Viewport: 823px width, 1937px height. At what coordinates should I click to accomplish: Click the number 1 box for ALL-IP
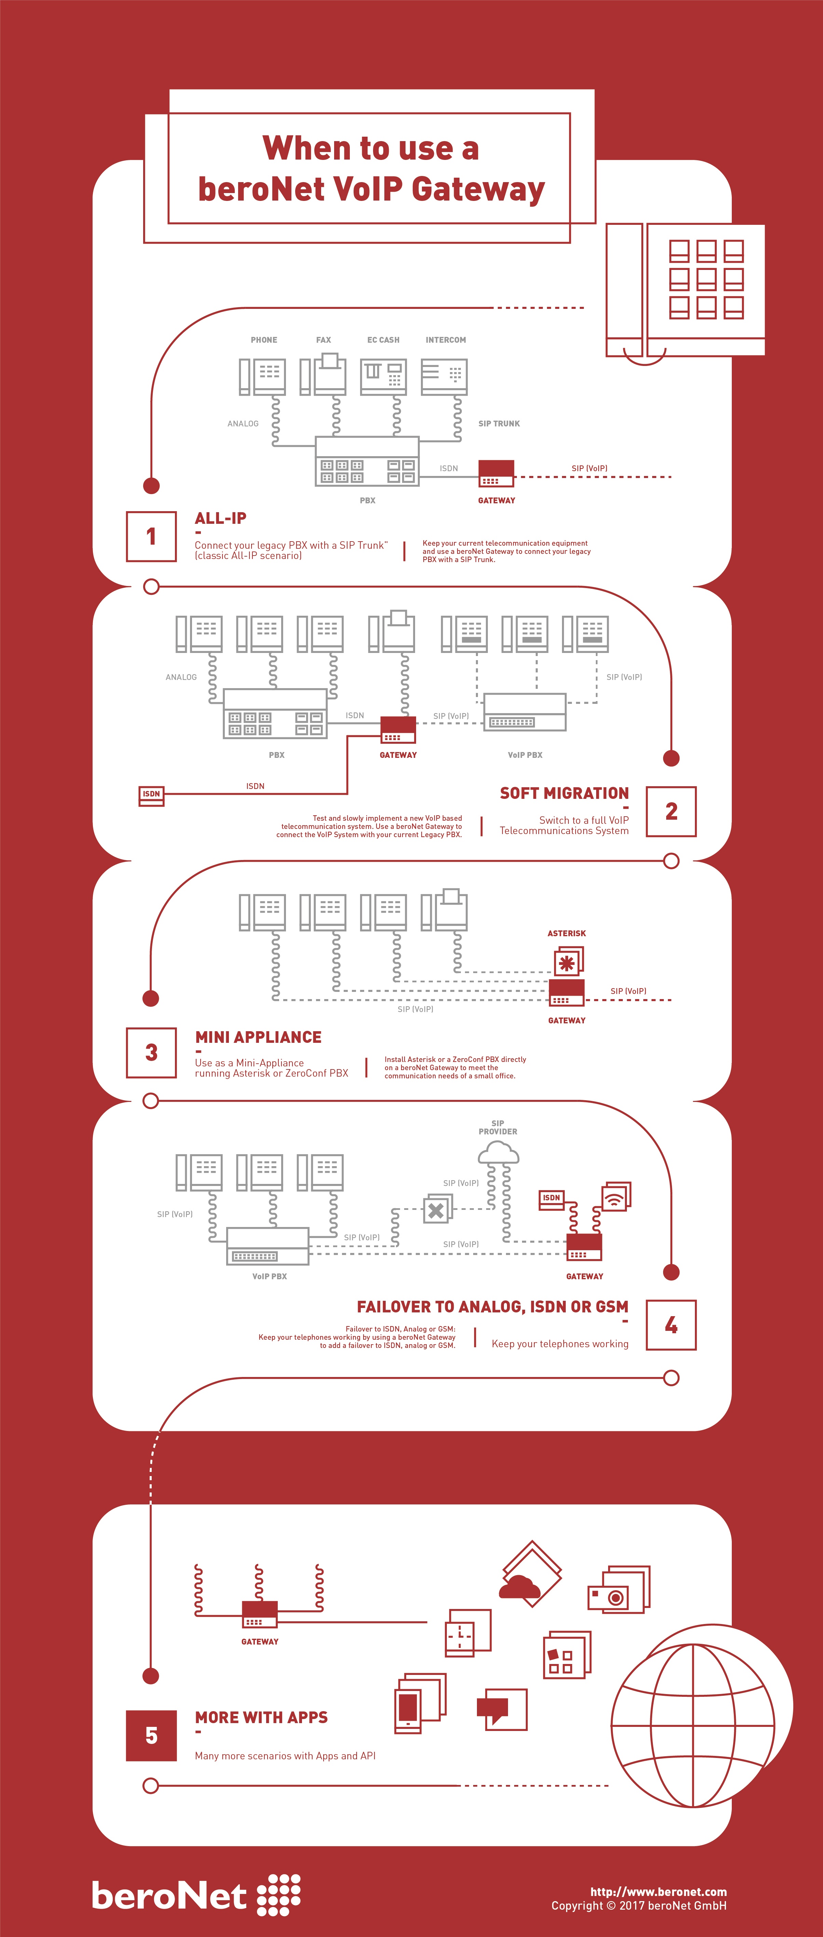tap(151, 536)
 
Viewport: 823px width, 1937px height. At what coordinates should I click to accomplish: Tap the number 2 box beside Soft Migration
tap(671, 811)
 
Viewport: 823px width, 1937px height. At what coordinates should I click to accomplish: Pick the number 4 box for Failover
tap(671, 1325)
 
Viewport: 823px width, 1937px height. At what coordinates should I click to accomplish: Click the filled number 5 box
tap(151, 1735)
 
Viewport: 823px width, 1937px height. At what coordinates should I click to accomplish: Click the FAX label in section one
tap(323, 340)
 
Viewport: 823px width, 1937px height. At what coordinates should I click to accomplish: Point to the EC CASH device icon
tap(383, 376)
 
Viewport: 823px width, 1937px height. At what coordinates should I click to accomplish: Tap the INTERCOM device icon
tap(444, 376)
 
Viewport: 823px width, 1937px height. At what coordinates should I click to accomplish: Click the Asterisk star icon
tap(568, 962)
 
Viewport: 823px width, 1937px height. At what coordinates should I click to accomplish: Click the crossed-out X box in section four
tap(437, 1209)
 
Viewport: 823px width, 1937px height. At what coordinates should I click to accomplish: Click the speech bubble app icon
tap(501, 1709)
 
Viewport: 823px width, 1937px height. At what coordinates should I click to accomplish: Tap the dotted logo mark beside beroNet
tap(279, 1895)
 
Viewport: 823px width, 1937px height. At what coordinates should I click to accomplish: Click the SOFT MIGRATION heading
tap(564, 793)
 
